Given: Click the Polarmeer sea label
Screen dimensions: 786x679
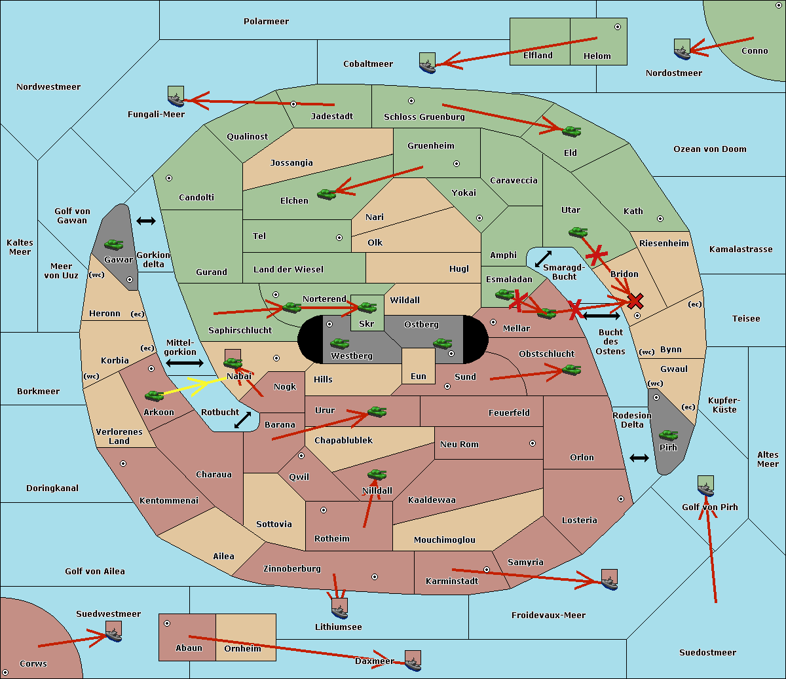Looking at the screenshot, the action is pos(266,22).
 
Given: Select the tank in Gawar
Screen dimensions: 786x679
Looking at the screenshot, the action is pos(114,244).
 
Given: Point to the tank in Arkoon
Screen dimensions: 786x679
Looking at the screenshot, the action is pos(155,395).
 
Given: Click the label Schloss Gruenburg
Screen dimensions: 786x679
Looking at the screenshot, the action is pos(424,117).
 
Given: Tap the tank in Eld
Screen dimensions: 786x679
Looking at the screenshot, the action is pos(572,132).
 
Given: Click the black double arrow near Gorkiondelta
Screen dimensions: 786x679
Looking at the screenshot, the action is pos(146,221).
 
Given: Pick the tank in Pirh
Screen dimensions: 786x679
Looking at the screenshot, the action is pos(668,435).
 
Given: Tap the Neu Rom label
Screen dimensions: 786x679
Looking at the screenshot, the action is pos(459,444).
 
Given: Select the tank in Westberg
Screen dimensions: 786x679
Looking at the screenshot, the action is pos(339,343).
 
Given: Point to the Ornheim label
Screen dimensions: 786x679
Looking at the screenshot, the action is pos(242,648).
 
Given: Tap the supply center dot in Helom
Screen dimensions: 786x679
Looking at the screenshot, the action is pos(618,27).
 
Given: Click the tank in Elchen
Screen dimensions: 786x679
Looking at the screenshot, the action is pos(326,194).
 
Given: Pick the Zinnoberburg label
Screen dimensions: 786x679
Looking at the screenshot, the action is pos(292,569).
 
